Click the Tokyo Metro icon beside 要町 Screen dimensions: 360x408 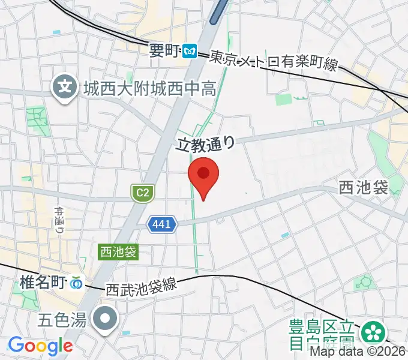[191, 52]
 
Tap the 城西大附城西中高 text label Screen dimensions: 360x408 [149, 90]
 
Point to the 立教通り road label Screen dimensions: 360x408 [204, 143]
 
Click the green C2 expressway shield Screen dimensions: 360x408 [143, 193]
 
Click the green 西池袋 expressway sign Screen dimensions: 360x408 [118, 252]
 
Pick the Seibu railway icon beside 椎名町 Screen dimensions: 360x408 [77, 281]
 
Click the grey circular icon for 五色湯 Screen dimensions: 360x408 [107, 317]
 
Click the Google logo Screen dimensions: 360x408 [40, 346]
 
